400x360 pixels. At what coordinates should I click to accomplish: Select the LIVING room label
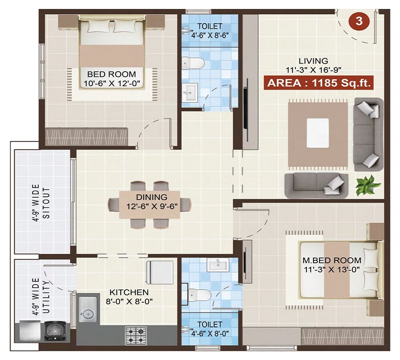tap(314, 61)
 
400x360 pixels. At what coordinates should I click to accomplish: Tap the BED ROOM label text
tap(112, 74)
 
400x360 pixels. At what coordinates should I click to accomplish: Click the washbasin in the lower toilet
tap(218, 265)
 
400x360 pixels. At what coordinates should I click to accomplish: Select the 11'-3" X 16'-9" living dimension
tap(314, 69)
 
